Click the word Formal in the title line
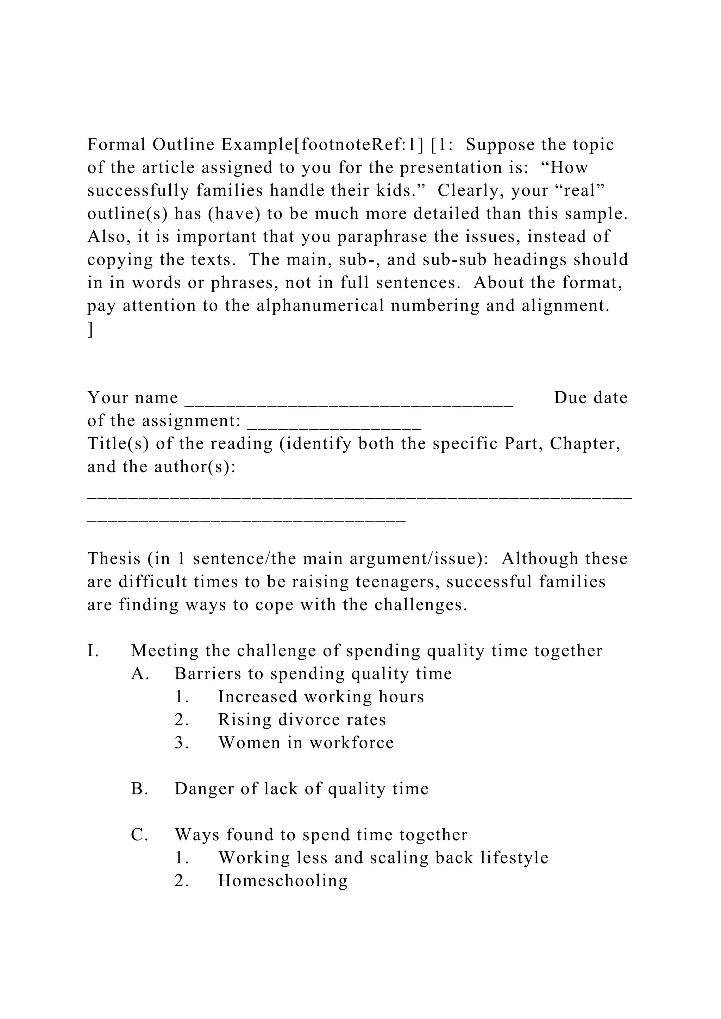pyautogui.click(x=116, y=145)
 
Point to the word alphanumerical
pyautogui.click(x=320, y=306)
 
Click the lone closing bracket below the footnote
pyautogui.click(x=90, y=329)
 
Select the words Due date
pyautogui.click(x=590, y=398)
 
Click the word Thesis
pyautogui.click(x=114, y=559)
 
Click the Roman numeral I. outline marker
pyautogui.click(x=93, y=651)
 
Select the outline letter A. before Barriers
pyautogui.click(x=140, y=674)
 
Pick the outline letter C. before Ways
pyautogui.click(x=139, y=835)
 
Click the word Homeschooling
pyautogui.click(x=283, y=881)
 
